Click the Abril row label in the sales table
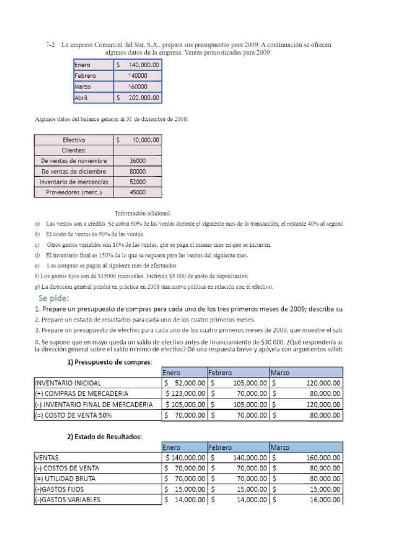coord(83,98)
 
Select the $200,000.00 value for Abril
coord(138,98)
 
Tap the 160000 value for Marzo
coord(138,87)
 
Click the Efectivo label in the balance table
coord(73,140)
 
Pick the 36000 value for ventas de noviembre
coord(137,161)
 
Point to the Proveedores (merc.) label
coord(73,192)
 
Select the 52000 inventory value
coord(137,182)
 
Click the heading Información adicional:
coord(143,213)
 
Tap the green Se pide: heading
coord(54,298)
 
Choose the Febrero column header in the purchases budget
coord(220,373)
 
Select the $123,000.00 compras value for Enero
coord(185,394)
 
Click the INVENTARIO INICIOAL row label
coord(68,383)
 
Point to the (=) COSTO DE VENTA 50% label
coord(75,415)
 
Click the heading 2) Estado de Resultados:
coord(104,437)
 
